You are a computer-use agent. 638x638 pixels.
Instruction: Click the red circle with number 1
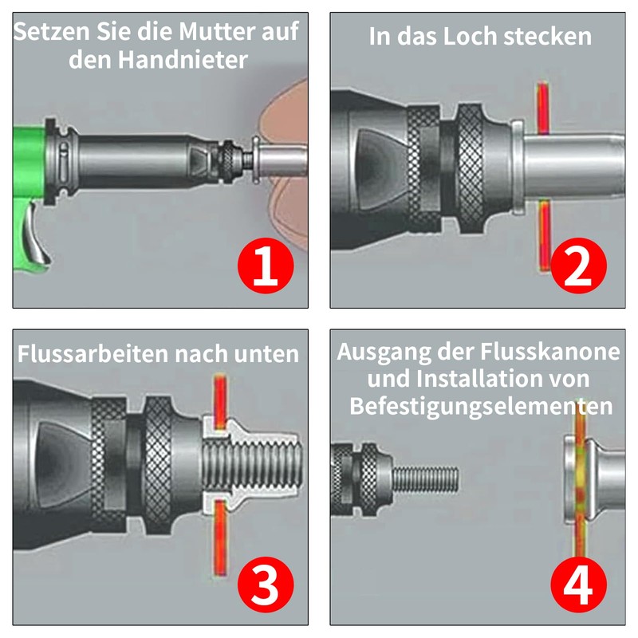click(266, 266)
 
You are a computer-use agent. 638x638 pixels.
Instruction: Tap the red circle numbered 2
click(578, 266)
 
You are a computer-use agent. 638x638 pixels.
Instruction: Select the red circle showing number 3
click(266, 585)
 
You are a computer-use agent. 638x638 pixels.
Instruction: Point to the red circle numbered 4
click(578, 585)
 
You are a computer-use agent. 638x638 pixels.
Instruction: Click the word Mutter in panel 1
click(218, 31)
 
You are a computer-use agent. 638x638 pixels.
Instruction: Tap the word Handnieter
click(183, 61)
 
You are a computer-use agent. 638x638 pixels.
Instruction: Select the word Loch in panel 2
click(470, 37)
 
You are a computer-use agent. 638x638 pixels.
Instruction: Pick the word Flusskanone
click(550, 351)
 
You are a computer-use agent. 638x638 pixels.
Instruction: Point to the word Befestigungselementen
click(481, 406)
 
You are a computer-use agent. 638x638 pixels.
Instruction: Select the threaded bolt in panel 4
click(426, 479)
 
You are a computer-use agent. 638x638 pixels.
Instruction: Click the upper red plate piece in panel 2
click(542, 108)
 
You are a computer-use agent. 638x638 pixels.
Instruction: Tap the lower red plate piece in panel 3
click(220, 537)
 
